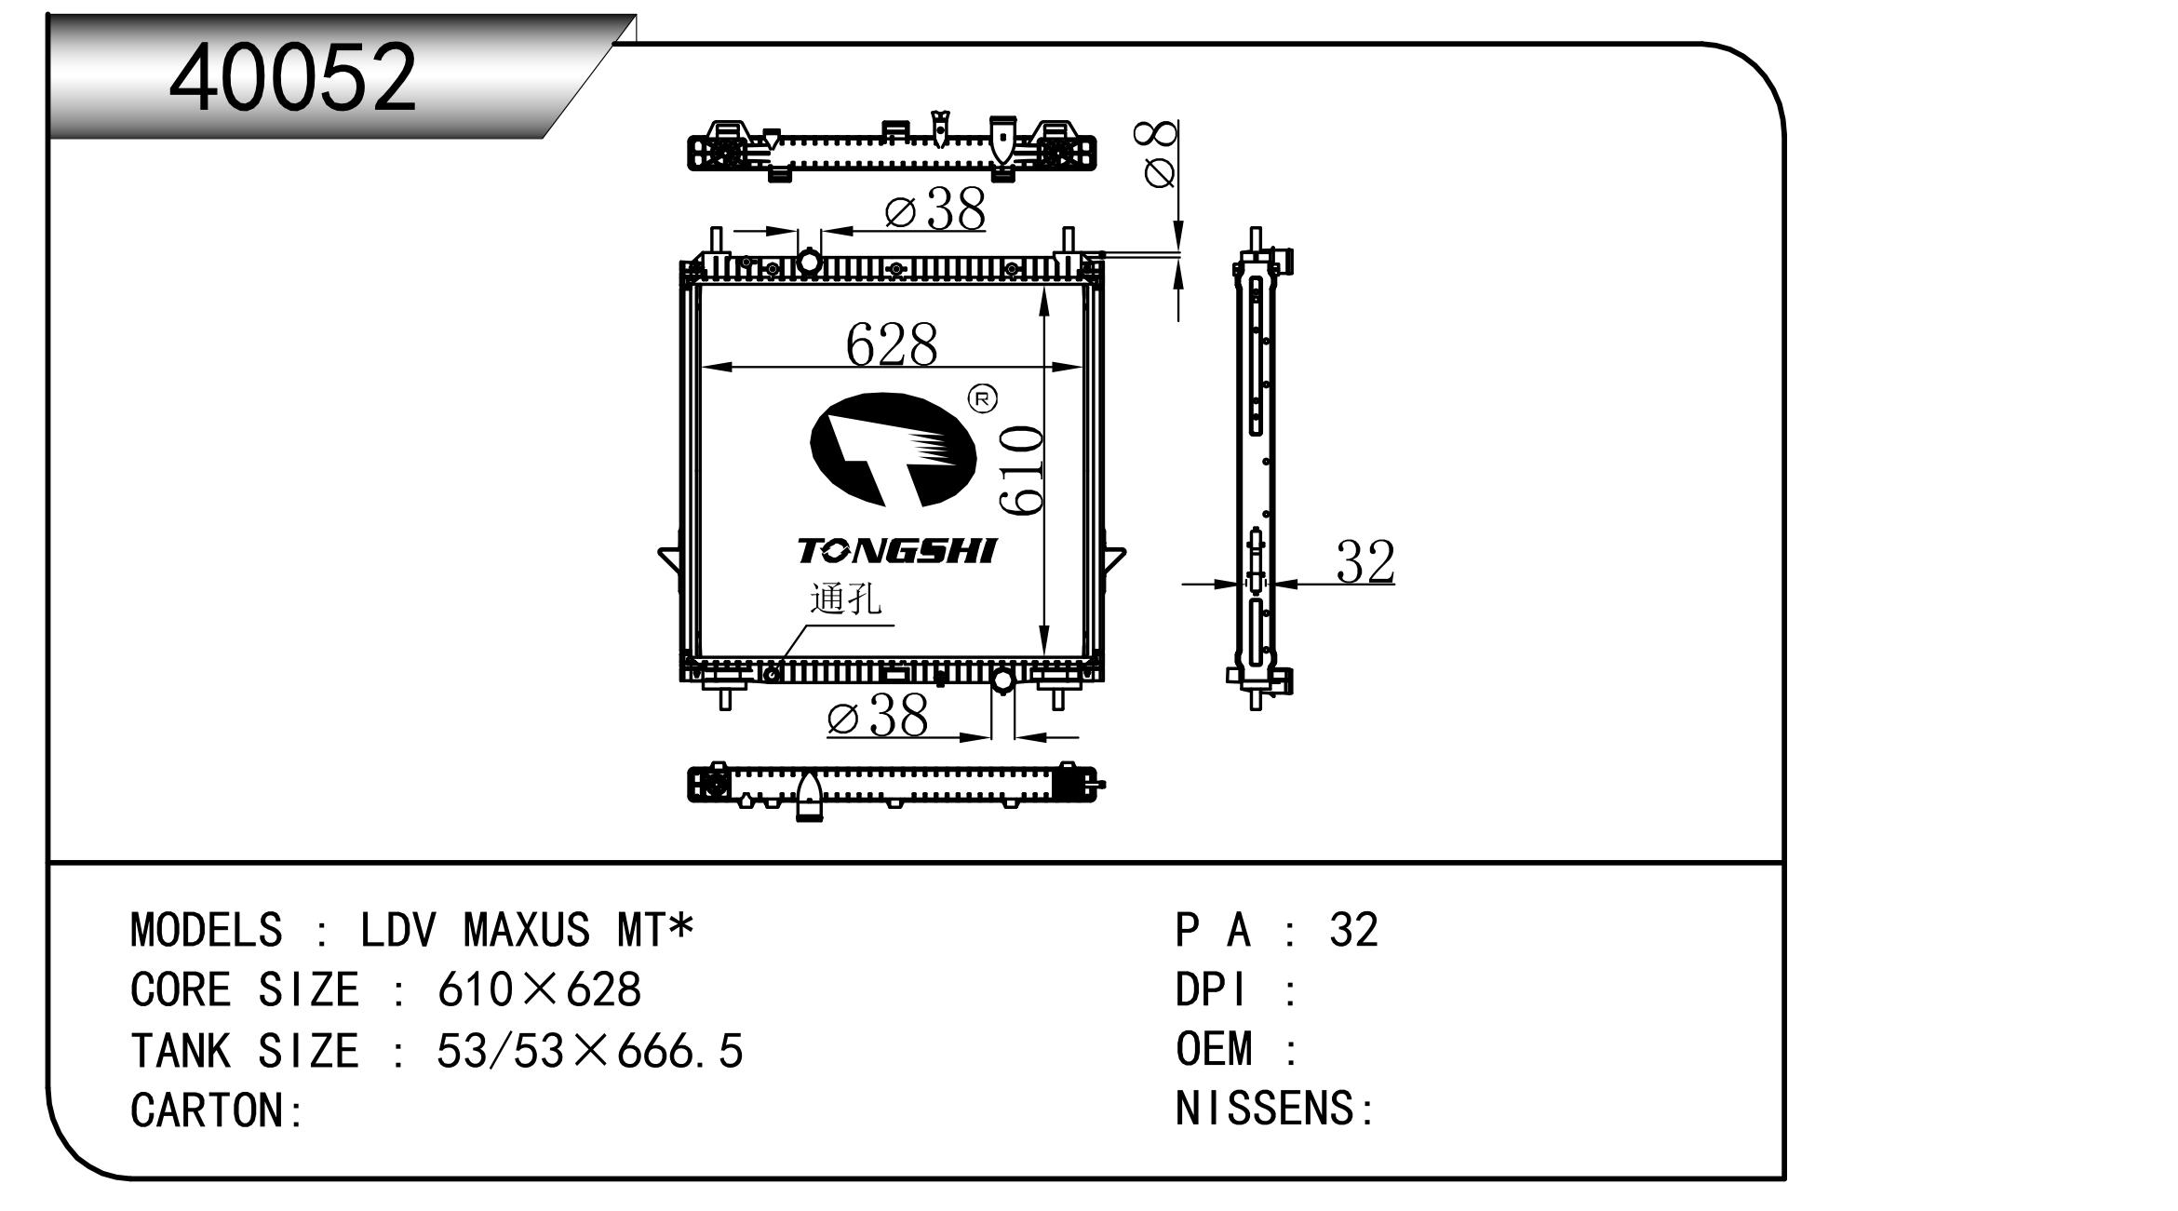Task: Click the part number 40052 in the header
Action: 292,77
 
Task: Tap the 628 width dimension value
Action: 891,344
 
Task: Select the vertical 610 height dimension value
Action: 1020,469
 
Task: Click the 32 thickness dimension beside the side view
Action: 1365,561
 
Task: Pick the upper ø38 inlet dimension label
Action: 934,209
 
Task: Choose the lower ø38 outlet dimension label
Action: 878,716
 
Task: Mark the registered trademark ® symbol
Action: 983,399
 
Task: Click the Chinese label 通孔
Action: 845,599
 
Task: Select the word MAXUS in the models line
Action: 526,930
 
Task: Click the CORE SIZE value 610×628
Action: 539,989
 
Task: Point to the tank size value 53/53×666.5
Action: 590,1051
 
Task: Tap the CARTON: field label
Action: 217,1110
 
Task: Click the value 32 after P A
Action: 1354,930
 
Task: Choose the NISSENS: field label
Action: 1275,1109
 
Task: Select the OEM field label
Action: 1214,1049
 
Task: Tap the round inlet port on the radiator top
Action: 810,262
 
